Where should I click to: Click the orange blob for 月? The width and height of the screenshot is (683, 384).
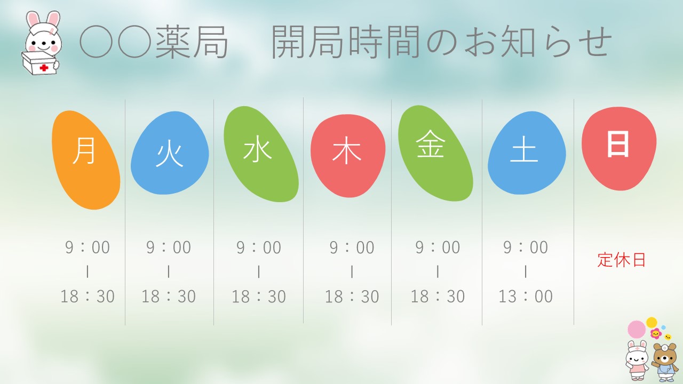pos(86,160)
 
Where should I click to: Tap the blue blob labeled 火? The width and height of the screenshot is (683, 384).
pos(170,153)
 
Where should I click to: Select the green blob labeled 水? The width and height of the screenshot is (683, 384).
pos(261,154)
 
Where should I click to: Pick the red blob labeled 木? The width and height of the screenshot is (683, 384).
pos(348,156)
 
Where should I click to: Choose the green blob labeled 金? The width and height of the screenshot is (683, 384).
pos(435,153)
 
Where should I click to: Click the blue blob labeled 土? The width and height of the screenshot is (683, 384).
pos(527,153)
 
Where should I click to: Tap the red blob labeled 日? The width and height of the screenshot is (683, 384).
pos(619,148)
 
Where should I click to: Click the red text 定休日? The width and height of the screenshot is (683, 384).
pos(622,260)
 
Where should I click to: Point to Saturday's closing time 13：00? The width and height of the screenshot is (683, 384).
pos(526,296)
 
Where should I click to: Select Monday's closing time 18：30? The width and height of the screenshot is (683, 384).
pos(88,296)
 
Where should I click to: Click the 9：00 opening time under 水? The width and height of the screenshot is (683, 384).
pos(259,247)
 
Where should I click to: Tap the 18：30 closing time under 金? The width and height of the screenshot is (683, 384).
pos(438,296)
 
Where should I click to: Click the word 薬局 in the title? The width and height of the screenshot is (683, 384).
pos(192,42)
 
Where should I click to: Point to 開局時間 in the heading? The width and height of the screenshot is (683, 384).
pos(346,42)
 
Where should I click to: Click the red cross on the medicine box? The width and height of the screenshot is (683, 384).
pos(44,68)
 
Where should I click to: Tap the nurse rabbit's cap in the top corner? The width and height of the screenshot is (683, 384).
pos(43,30)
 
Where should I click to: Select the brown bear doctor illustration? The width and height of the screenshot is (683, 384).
pos(665,362)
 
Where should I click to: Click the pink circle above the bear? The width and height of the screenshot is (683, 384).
pos(637,330)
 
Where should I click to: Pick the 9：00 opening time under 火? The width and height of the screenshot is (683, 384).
pos(168,247)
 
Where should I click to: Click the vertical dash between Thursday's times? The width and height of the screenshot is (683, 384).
pos(352,271)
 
